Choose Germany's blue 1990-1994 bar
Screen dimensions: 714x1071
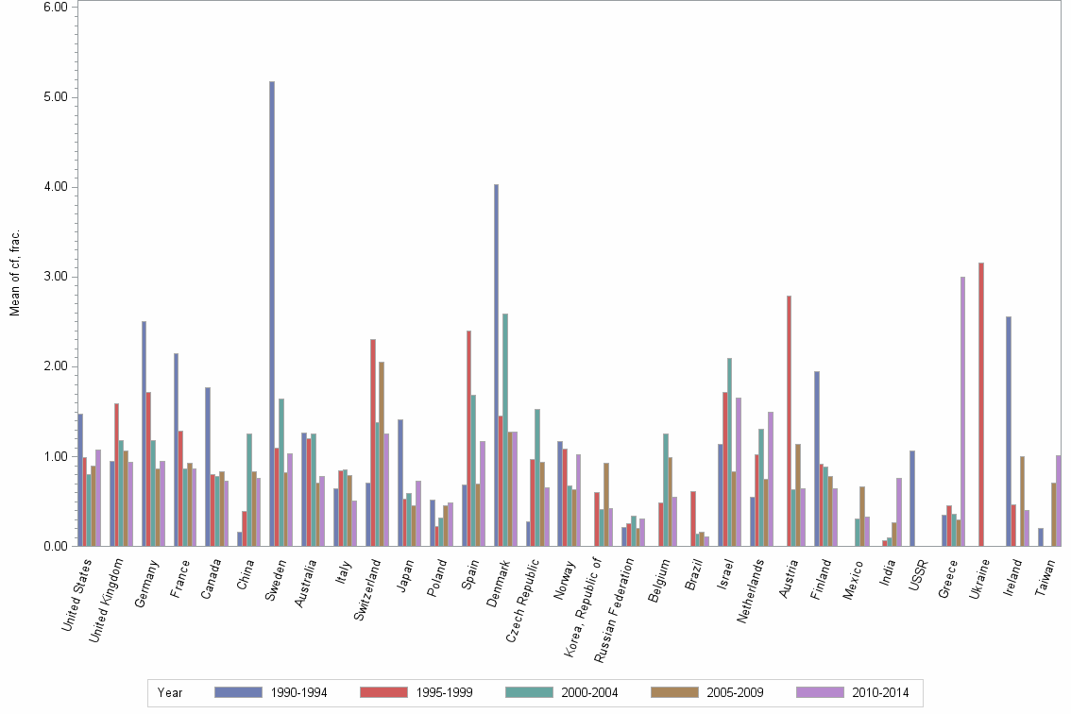click(x=144, y=433)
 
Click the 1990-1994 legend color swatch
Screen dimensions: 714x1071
click(x=237, y=692)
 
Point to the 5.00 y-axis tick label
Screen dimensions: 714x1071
click(x=56, y=97)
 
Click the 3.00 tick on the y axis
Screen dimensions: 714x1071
click(x=56, y=277)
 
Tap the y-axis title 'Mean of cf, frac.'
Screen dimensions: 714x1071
click(x=14, y=271)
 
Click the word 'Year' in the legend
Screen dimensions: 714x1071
click(x=170, y=692)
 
